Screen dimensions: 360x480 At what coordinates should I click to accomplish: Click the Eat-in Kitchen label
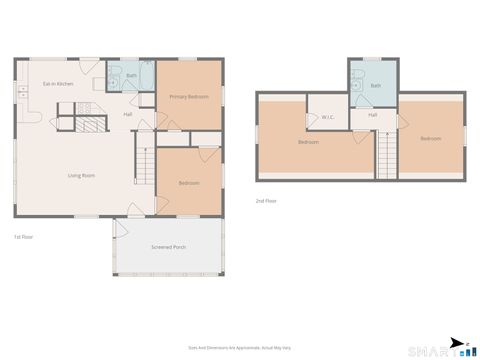coord(58,83)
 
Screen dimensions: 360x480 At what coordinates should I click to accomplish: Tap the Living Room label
coord(81,176)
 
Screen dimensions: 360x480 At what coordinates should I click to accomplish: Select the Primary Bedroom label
coord(189,96)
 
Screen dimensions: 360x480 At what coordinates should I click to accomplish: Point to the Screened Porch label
coord(168,246)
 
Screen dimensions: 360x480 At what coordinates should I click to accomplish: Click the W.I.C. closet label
coord(328,117)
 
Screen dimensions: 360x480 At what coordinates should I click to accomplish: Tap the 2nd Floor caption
coord(266,200)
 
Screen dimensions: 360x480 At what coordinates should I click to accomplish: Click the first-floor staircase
coord(146,161)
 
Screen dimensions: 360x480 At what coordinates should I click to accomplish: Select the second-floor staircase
coord(387,154)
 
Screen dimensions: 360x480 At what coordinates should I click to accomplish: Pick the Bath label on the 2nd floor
coord(375,86)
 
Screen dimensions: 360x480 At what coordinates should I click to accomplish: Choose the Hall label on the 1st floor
coord(128,114)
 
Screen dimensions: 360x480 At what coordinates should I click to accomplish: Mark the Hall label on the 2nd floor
coord(372,115)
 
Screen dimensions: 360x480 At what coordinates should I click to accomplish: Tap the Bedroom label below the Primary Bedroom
coord(189,183)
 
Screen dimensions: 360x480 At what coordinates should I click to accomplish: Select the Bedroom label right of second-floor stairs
coord(430,138)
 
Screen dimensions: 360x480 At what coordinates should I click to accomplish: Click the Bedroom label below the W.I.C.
coord(308,142)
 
